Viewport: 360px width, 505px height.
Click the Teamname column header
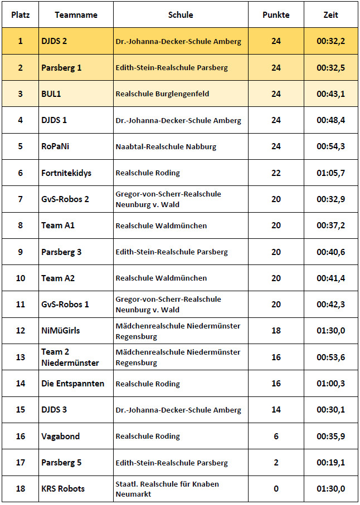pyautogui.click(x=76, y=15)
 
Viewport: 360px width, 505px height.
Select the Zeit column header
pyautogui.click(x=330, y=15)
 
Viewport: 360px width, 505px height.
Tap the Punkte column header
pyautogui.click(x=276, y=15)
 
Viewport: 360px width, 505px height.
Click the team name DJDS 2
pyautogui.click(x=54, y=41)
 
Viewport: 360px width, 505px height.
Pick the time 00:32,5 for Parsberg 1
pyautogui.click(x=330, y=68)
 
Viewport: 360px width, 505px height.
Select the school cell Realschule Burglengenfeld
pyautogui.click(x=162, y=94)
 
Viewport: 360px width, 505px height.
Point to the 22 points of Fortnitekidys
pyautogui.click(x=276, y=173)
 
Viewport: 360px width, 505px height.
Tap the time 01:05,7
pyautogui.click(x=330, y=173)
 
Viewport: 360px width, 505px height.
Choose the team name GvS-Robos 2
pyautogui.click(x=65, y=199)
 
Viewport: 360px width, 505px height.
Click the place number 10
pyautogui.click(x=21, y=278)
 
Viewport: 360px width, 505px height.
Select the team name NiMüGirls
pyautogui.click(x=61, y=331)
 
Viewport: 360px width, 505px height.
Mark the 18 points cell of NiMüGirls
pyautogui.click(x=276, y=331)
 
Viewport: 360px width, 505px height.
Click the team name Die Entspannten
pyautogui.click(x=72, y=384)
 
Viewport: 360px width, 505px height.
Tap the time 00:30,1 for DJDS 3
pyautogui.click(x=330, y=410)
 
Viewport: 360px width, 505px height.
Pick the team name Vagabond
pyautogui.click(x=60, y=437)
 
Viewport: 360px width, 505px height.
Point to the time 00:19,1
pyautogui.click(x=330, y=463)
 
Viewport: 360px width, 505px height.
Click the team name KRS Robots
pyautogui.click(x=63, y=489)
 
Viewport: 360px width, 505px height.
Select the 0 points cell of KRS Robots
pyautogui.click(x=276, y=489)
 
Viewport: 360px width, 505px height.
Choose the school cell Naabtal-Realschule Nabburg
pyautogui.click(x=166, y=147)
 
